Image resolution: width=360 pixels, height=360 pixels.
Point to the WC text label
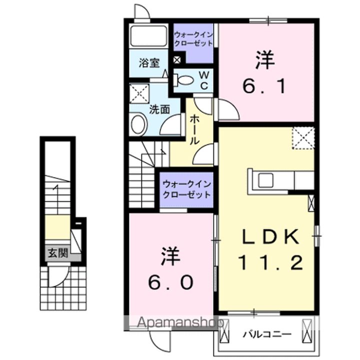pyautogui.click(x=204, y=79)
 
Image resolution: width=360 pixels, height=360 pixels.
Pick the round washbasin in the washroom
pyautogui.click(x=139, y=124)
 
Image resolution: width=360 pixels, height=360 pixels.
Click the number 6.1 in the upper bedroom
pyautogui.click(x=265, y=87)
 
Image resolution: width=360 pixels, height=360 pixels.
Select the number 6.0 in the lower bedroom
pyautogui.click(x=170, y=283)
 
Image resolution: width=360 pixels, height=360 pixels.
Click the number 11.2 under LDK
pyautogui.click(x=270, y=262)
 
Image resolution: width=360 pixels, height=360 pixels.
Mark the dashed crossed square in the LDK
pyautogui.click(x=303, y=138)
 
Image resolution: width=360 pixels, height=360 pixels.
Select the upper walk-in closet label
pyautogui.click(x=193, y=39)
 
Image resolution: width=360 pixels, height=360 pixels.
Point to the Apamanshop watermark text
pyautogui.click(x=173, y=323)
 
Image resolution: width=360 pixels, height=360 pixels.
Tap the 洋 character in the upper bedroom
pyautogui.click(x=265, y=61)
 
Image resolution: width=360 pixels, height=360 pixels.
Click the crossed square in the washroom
pyautogui.click(x=139, y=93)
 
